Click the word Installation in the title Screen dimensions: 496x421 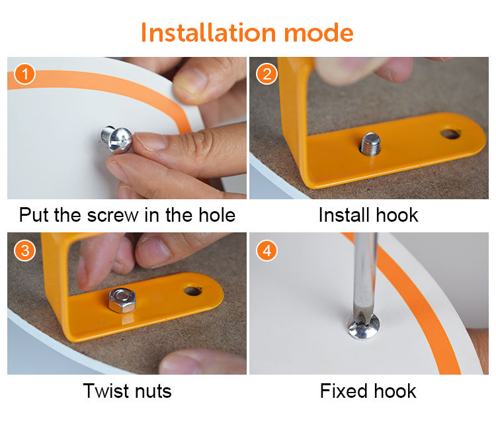coord(208,32)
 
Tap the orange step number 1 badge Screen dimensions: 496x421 coord(24,74)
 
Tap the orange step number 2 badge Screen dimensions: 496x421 coord(267,74)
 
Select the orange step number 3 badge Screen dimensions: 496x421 coord(24,250)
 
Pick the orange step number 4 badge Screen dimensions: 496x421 coord(267,250)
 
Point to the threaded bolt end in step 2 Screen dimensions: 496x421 coord(370,144)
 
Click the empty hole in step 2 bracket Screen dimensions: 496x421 coord(450,134)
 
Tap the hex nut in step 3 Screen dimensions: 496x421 coord(122,301)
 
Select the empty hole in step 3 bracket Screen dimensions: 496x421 coord(192,290)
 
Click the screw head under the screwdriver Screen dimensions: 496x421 coord(363,326)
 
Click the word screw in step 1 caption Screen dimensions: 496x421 coord(112,216)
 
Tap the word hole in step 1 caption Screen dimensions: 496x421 coord(217,214)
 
